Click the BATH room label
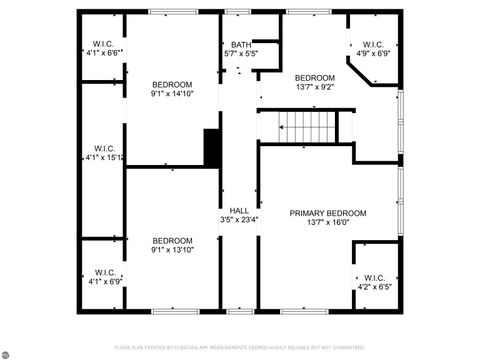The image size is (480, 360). pos(241,44)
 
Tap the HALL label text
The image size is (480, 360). pos(239,210)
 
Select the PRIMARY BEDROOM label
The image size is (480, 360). pos(328,213)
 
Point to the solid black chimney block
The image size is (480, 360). pos(212,148)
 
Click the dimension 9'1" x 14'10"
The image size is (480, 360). pos(172,93)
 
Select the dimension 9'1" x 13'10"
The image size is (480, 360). pos(172,250)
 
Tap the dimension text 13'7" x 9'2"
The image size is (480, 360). pos(315,87)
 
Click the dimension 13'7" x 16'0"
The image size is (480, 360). pos(328,223)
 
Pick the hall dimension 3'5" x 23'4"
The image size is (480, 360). pos(239,220)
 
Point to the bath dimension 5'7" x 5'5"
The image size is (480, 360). pos(241,53)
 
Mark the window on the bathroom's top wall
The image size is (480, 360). pos(237,12)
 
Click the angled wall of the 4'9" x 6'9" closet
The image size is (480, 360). pos(359,75)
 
